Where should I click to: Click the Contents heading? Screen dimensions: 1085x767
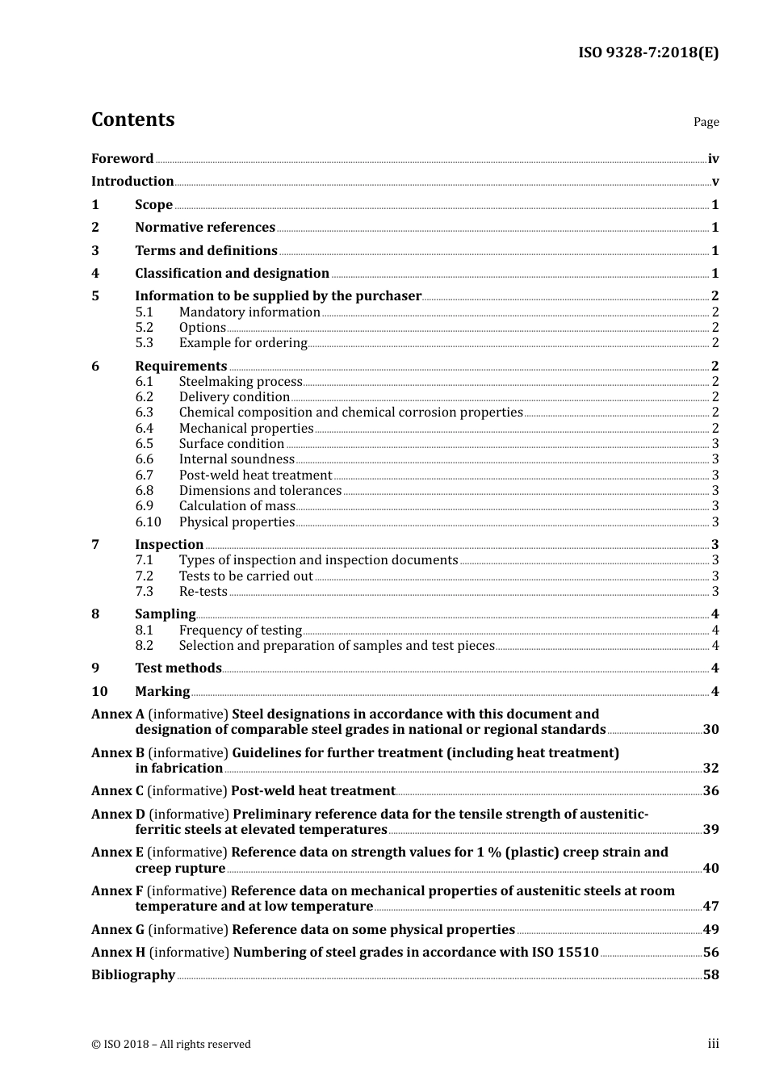tap(132, 119)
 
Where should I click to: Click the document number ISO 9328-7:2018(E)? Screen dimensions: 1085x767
tap(648, 52)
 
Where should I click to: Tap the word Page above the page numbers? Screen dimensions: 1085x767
tap(706, 122)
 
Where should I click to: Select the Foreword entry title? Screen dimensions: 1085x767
tap(122, 159)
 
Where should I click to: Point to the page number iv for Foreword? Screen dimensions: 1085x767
tap(713, 159)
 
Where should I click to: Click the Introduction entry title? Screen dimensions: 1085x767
tap(132, 182)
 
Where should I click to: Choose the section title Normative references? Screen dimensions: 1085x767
tap(205, 228)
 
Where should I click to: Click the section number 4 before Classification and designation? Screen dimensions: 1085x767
tap(95, 274)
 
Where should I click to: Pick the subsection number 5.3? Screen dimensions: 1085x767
tap(144, 343)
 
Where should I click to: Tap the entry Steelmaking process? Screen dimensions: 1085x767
tap(241, 382)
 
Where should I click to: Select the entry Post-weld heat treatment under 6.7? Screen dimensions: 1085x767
tap(255, 475)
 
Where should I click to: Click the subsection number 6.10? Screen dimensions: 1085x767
tap(148, 522)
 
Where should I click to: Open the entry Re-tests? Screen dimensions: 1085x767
tap(203, 592)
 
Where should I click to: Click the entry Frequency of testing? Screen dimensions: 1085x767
tap(240, 630)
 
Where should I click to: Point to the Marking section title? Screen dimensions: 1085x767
tap(162, 692)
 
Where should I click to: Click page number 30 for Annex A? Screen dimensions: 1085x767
tap(710, 730)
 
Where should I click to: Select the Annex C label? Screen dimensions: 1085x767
tap(117, 791)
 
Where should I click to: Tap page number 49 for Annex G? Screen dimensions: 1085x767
tap(710, 930)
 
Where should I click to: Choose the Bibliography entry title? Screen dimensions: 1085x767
tap(133, 975)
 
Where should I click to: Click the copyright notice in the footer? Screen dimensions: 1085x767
tap(171, 1045)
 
